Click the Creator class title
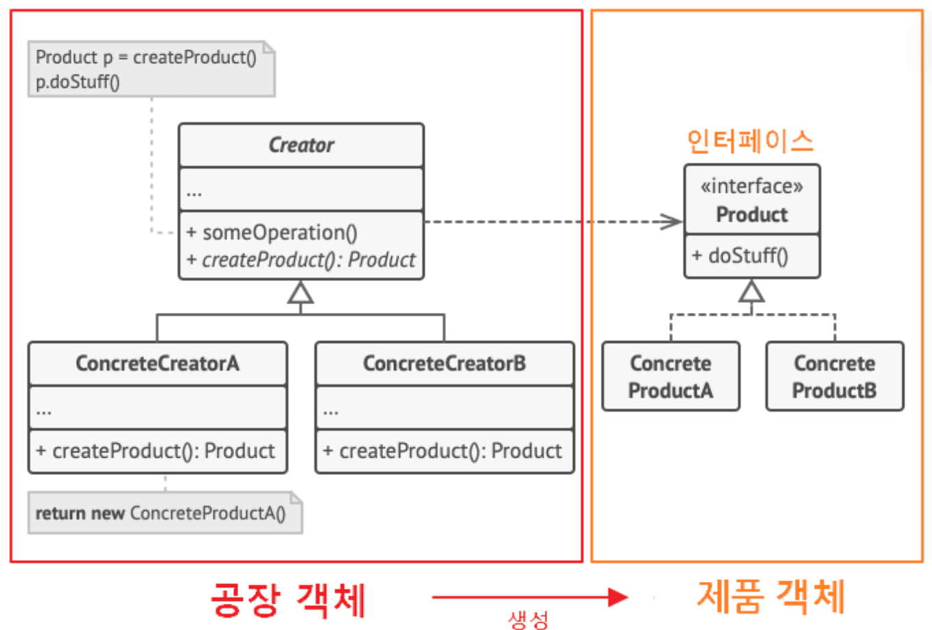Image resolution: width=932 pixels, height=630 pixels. (301, 145)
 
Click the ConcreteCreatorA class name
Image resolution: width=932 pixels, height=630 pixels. (157, 363)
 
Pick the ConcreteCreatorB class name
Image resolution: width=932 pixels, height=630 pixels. (444, 363)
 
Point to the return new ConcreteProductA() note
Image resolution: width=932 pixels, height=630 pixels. (161, 513)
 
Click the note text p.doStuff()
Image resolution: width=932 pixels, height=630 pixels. (78, 82)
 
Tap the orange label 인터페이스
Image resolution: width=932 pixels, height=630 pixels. (750, 141)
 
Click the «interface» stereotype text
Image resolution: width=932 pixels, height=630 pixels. (752, 186)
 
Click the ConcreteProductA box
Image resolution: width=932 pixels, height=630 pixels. (671, 377)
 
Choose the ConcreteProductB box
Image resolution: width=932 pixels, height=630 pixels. (835, 377)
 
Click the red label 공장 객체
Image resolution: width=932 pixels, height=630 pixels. (288, 598)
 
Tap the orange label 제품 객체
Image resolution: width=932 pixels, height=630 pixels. (771, 596)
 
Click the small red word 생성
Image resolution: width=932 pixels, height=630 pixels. (528, 620)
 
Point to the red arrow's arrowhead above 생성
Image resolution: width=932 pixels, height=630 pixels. (618, 597)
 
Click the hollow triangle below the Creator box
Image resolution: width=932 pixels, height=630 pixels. (301, 293)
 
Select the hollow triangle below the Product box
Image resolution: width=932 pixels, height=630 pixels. (752, 291)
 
